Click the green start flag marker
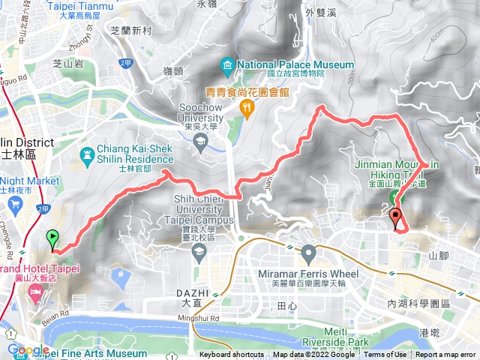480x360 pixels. coord(52,239)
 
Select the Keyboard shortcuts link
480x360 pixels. coord(232,355)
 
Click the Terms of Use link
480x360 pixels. coord(385,355)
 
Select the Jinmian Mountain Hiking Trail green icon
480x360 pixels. coord(394,196)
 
